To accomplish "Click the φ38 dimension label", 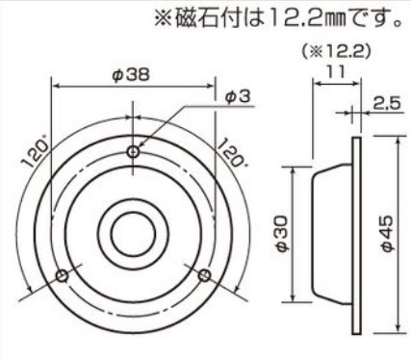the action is click(x=131, y=75).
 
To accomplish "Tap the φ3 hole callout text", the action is click(x=238, y=97).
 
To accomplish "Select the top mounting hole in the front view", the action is click(x=133, y=152).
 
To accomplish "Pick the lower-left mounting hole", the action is click(x=63, y=275).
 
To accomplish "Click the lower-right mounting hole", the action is click(x=204, y=275).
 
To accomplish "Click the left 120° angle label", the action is click(x=36, y=155).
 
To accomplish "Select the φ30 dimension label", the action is click(x=283, y=234).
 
